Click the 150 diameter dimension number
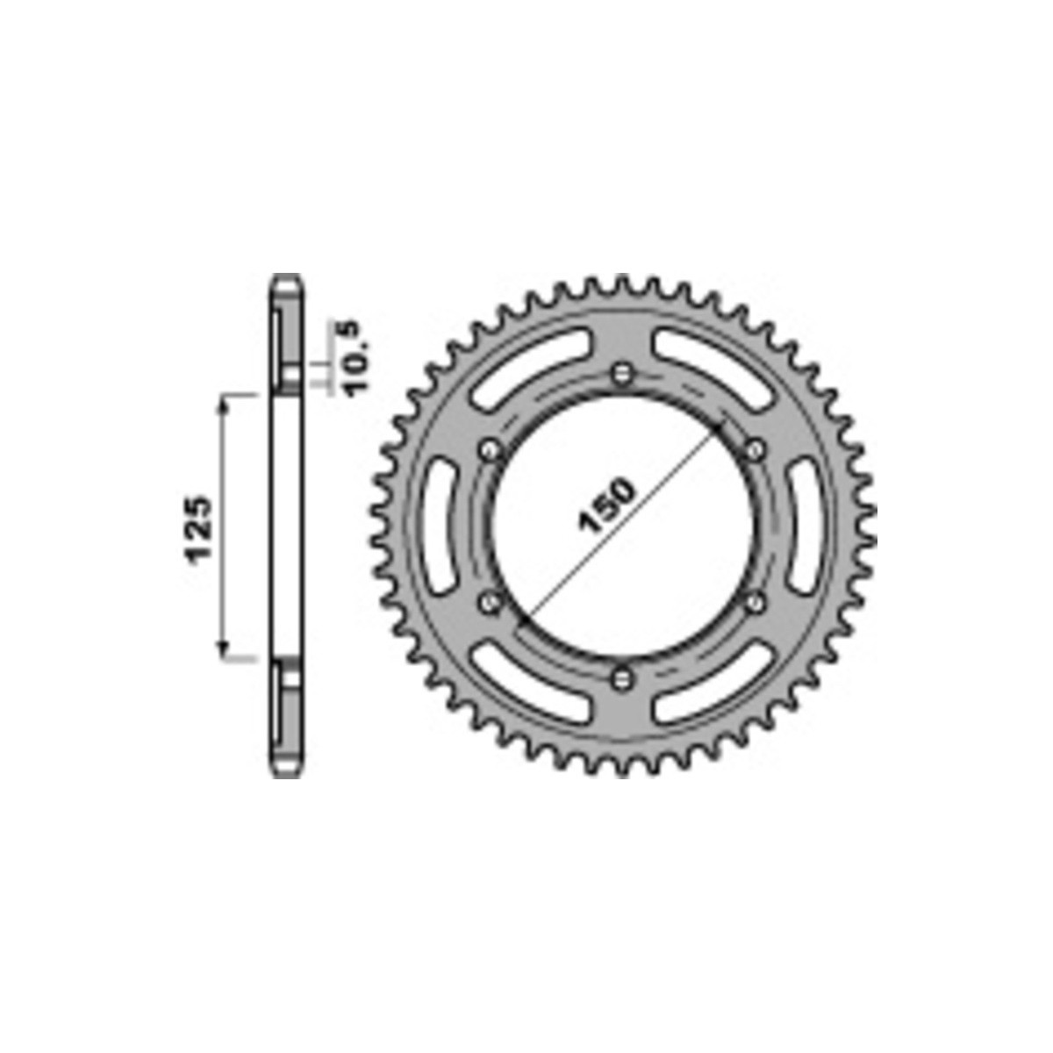(x=607, y=505)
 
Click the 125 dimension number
(x=199, y=528)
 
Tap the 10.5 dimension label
(x=357, y=358)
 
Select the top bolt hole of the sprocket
(x=621, y=375)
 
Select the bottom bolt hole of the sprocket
(x=621, y=679)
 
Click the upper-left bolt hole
(x=490, y=451)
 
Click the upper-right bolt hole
(x=755, y=451)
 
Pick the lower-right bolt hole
(x=754, y=603)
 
